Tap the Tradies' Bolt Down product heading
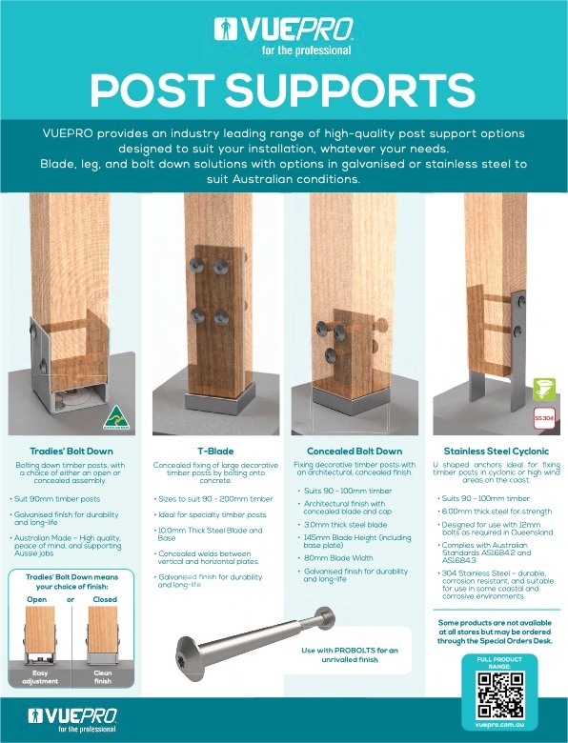(71, 451)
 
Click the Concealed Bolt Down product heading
(354, 451)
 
